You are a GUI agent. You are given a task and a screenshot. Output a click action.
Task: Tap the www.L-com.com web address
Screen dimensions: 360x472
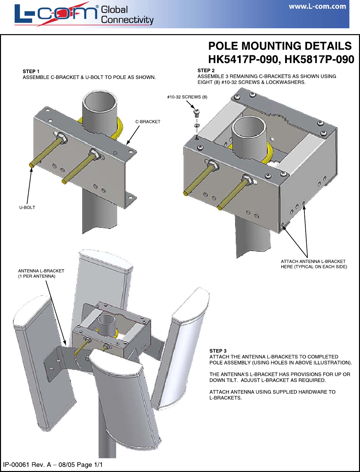[317, 7]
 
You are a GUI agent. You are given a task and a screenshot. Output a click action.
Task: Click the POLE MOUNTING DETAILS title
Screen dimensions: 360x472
[280, 46]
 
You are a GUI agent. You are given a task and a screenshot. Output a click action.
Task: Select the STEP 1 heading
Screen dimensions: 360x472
[31, 72]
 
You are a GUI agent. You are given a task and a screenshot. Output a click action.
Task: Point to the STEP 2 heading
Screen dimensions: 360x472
[206, 71]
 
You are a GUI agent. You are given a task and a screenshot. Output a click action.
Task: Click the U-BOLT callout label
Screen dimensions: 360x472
[27, 207]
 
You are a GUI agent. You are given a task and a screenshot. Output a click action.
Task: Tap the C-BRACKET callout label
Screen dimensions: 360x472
[148, 122]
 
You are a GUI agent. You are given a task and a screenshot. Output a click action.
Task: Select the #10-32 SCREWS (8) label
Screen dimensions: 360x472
[187, 97]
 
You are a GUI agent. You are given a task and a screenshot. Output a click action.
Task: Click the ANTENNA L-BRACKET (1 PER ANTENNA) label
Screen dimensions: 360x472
[41, 273]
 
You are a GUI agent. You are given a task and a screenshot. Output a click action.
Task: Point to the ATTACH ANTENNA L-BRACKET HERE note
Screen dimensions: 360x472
[314, 264]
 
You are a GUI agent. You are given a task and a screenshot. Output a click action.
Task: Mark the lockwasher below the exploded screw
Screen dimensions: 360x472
[196, 125]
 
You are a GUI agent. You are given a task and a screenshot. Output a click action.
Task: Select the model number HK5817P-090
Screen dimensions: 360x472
[319, 59]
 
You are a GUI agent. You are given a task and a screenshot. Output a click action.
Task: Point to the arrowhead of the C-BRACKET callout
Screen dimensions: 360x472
[128, 142]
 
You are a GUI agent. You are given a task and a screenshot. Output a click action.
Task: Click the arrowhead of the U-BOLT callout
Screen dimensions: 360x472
[32, 170]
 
